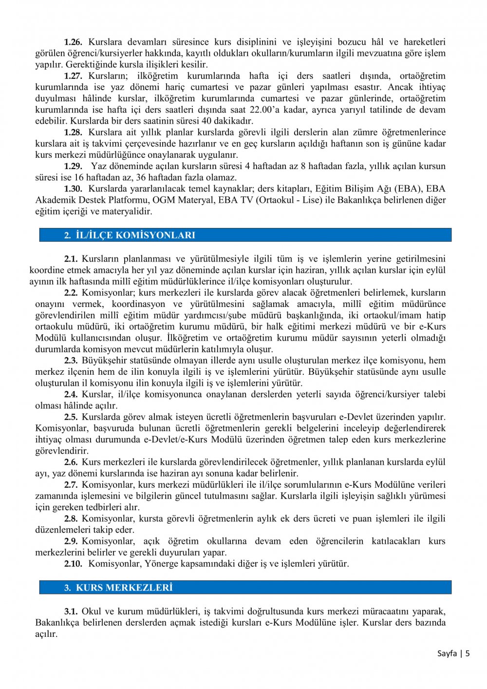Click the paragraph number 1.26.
pos(73,42)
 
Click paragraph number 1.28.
pos(73,133)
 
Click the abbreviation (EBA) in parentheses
pos(428,189)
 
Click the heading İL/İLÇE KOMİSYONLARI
pos(135,235)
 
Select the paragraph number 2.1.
pos(71,259)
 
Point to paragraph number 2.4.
pos(71,395)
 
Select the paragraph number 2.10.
pos(73,564)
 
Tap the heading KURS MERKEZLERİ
pos(124,588)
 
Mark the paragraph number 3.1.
pos(71,612)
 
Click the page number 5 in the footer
pos(468,653)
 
